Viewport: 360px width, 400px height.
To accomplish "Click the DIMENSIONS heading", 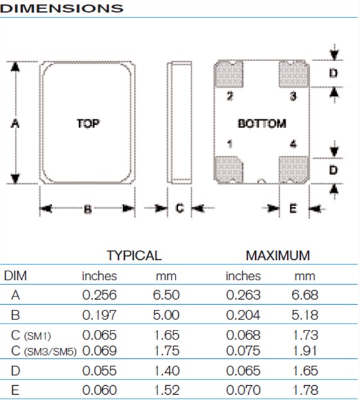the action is [x=62, y=8].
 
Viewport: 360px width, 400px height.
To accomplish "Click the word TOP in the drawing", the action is [x=88, y=123].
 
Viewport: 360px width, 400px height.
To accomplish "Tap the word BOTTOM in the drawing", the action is [x=262, y=123].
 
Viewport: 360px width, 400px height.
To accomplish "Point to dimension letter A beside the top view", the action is [x=15, y=123].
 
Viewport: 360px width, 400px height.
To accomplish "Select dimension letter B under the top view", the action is [x=87, y=209].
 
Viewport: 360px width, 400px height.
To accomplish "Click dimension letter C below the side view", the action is [x=179, y=208].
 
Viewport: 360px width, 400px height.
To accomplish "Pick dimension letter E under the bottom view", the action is [x=293, y=208].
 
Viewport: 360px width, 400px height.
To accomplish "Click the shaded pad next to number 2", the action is [x=228, y=73].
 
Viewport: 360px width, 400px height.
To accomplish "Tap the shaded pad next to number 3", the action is [x=294, y=73].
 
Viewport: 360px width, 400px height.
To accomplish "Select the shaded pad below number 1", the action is [x=228, y=170].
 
